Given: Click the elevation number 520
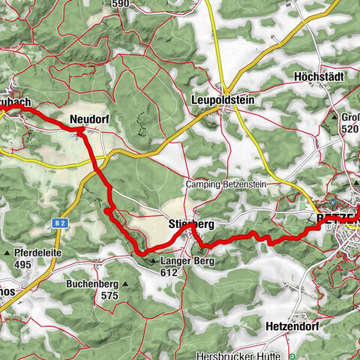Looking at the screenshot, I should click(x=350, y=129).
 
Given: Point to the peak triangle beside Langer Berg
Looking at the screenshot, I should click(x=153, y=262).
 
